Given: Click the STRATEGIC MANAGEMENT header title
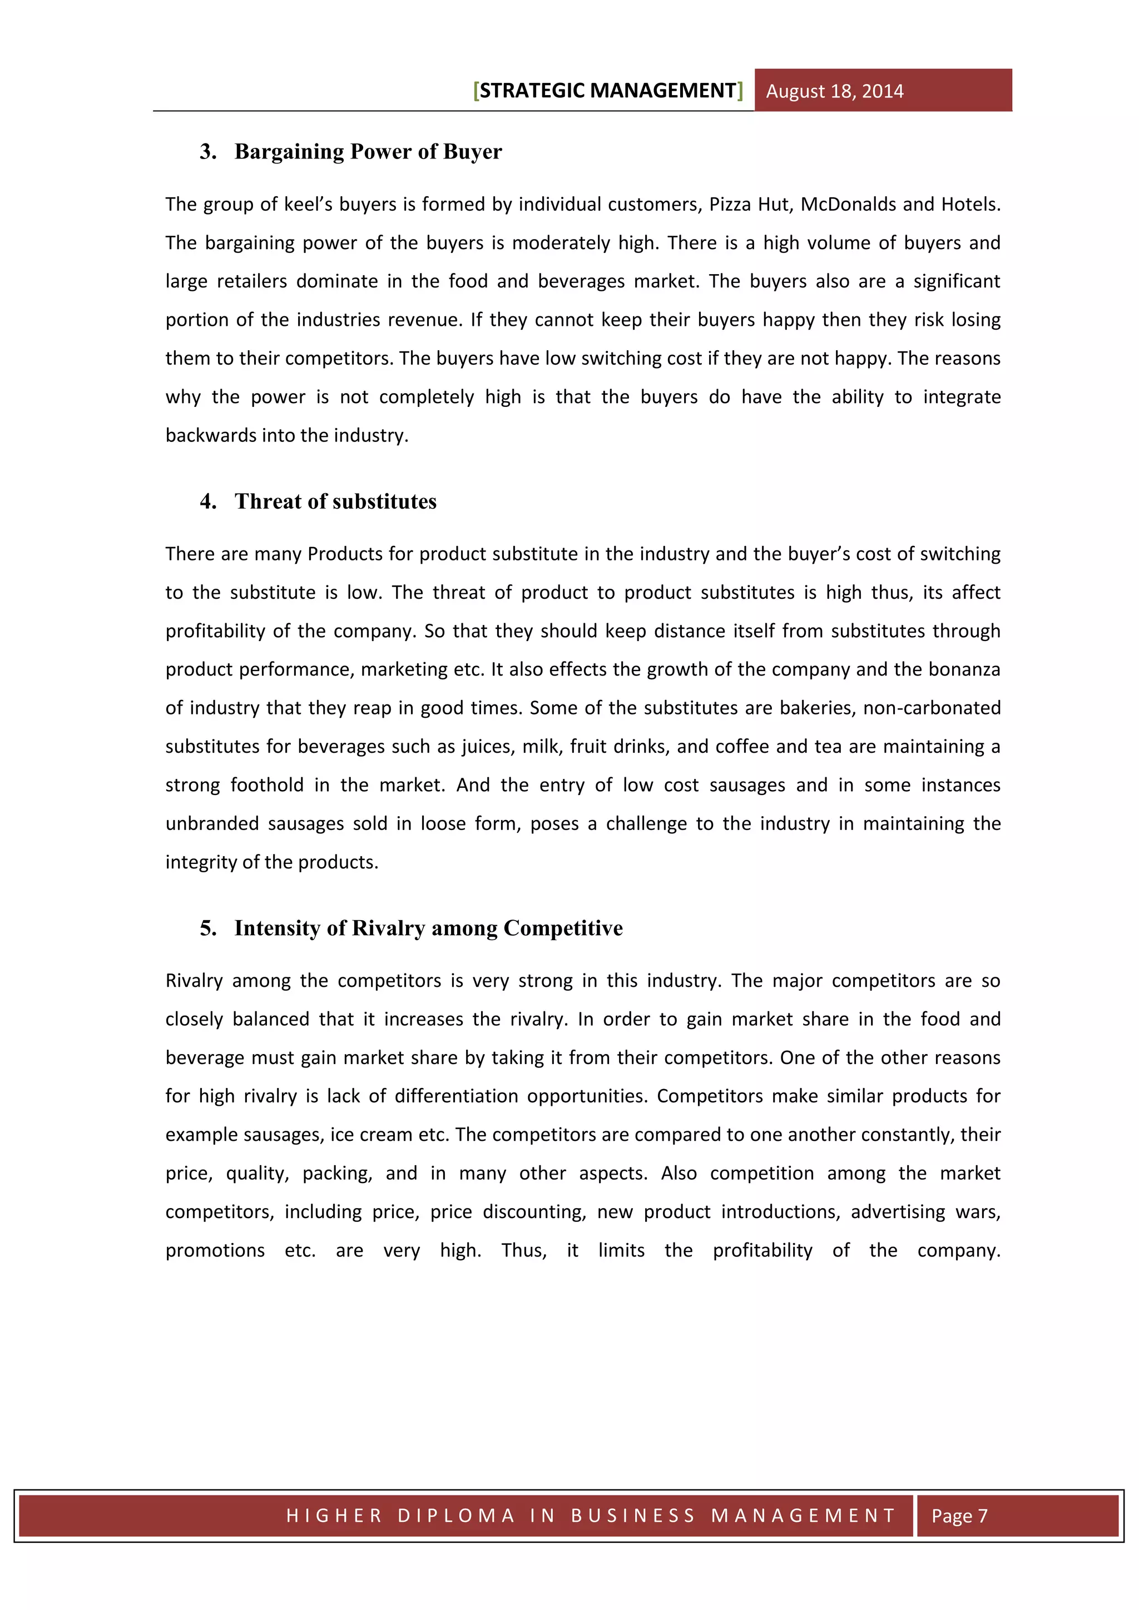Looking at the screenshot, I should click(607, 91).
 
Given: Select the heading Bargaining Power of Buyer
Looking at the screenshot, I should click(368, 151).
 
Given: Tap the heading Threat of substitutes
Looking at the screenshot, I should click(335, 501).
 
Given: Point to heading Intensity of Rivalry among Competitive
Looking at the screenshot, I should click(428, 928).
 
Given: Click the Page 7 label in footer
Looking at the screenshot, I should click(959, 1515).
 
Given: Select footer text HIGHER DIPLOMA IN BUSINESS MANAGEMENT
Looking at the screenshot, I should click(591, 1515).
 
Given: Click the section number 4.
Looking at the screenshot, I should click(207, 501).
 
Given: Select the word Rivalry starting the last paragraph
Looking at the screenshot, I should click(194, 980).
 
